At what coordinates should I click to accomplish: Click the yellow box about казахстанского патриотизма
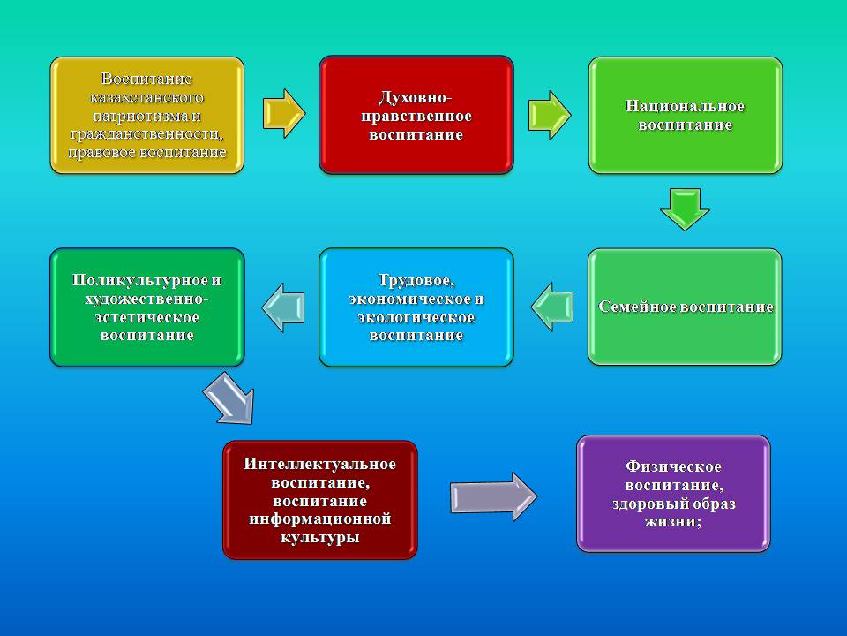[147, 115]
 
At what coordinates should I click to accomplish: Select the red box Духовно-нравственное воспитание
[416, 115]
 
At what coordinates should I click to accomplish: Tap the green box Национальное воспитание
[685, 115]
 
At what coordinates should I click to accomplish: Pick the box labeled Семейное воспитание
[685, 307]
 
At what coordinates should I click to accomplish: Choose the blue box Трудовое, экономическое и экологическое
[416, 307]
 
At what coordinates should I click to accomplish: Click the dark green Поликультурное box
[147, 307]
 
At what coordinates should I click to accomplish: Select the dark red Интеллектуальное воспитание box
[319, 500]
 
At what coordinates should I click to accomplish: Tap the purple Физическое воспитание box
[673, 494]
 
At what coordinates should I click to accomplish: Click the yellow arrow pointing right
[284, 114]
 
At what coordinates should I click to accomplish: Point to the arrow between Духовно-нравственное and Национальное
[550, 115]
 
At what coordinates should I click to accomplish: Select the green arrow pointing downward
[685, 209]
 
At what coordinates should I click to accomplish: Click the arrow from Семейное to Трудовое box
[551, 307]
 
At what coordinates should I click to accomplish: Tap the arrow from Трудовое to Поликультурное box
[283, 307]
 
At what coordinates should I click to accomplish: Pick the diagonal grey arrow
[229, 398]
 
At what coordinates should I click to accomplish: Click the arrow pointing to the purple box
[494, 497]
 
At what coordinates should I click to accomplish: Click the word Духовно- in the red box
[416, 97]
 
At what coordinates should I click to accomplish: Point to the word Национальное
[685, 106]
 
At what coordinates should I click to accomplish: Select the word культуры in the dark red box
[319, 538]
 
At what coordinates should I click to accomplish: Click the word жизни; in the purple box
[673, 522]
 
